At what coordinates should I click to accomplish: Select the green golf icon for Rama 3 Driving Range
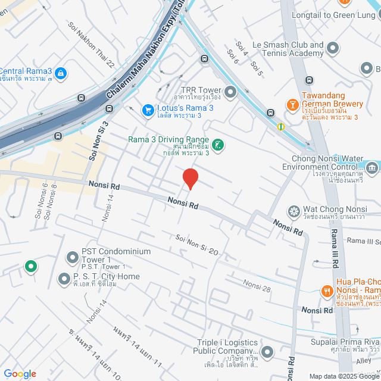[x=218, y=145]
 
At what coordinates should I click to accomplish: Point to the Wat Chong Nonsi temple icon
[x=293, y=211]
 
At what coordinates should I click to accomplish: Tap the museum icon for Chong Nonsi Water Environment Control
[x=373, y=168]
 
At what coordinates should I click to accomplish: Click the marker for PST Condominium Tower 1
[x=73, y=258]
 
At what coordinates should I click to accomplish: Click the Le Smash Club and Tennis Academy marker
[x=333, y=48]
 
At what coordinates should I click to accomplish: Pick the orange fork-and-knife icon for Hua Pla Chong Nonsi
[x=326, y=291]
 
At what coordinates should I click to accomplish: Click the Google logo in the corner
[x=20, y=374]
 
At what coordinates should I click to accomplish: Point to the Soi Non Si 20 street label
[x=197, y=245]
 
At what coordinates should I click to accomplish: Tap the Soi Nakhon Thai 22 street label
[x=92, y=45]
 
